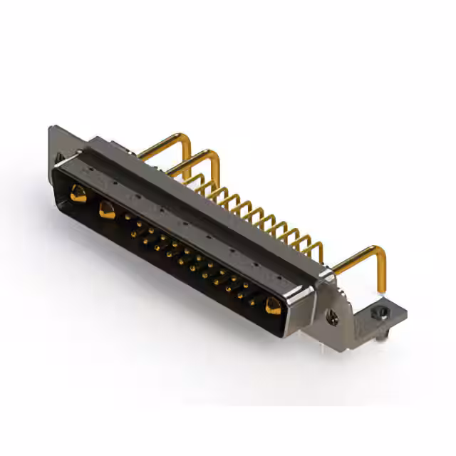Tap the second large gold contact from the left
(x=107, y=210)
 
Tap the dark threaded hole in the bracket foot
(x=379, y=313)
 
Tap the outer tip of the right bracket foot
(x=406, y=311)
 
